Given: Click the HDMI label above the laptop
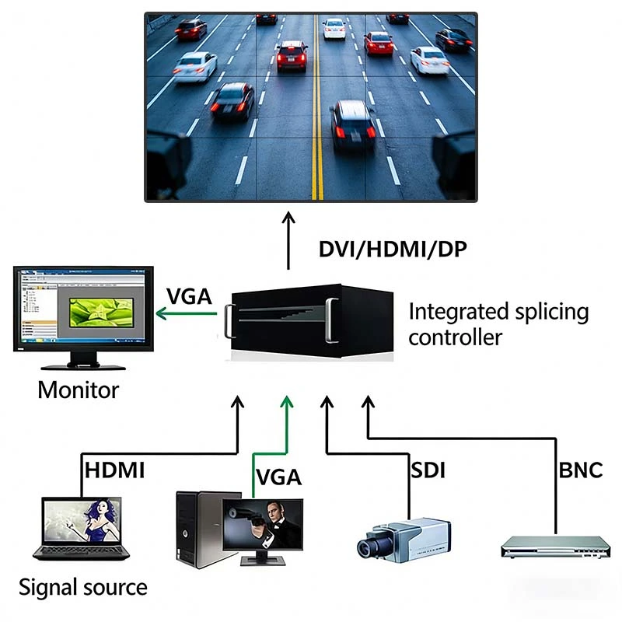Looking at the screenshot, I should [114, 470].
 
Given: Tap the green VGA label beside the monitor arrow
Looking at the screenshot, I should [189, 297].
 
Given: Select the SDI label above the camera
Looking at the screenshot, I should [428, 470].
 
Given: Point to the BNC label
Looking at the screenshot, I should [580, 470].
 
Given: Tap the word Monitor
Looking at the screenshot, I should [79, 389].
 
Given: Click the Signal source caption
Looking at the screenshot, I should [82, 587].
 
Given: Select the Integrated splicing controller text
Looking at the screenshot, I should [498, 324].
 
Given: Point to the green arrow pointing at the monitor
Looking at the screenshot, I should [187, 314].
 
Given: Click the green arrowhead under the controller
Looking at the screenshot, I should [288, 402].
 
